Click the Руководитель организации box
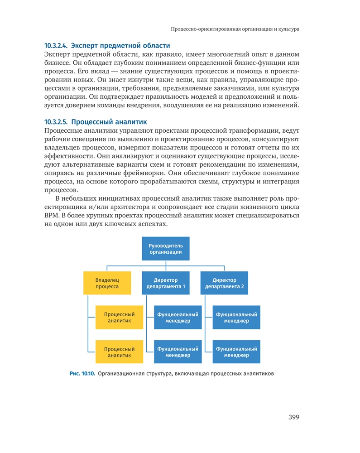(165, 248)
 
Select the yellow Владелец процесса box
(107, 283)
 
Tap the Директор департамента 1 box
(165, 283)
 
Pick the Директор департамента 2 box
(224, 283)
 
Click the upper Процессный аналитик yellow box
(119, 317)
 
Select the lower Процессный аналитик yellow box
(119, 352)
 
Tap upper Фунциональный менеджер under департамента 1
(178, 317)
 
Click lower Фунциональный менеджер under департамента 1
(178, 352)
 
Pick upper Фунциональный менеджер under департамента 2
(236, 317)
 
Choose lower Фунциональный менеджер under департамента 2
(236, 352)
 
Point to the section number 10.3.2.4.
(56, 45)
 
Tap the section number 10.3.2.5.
(56, 122)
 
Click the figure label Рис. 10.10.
(82, 374)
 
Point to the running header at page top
(235, 29)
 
